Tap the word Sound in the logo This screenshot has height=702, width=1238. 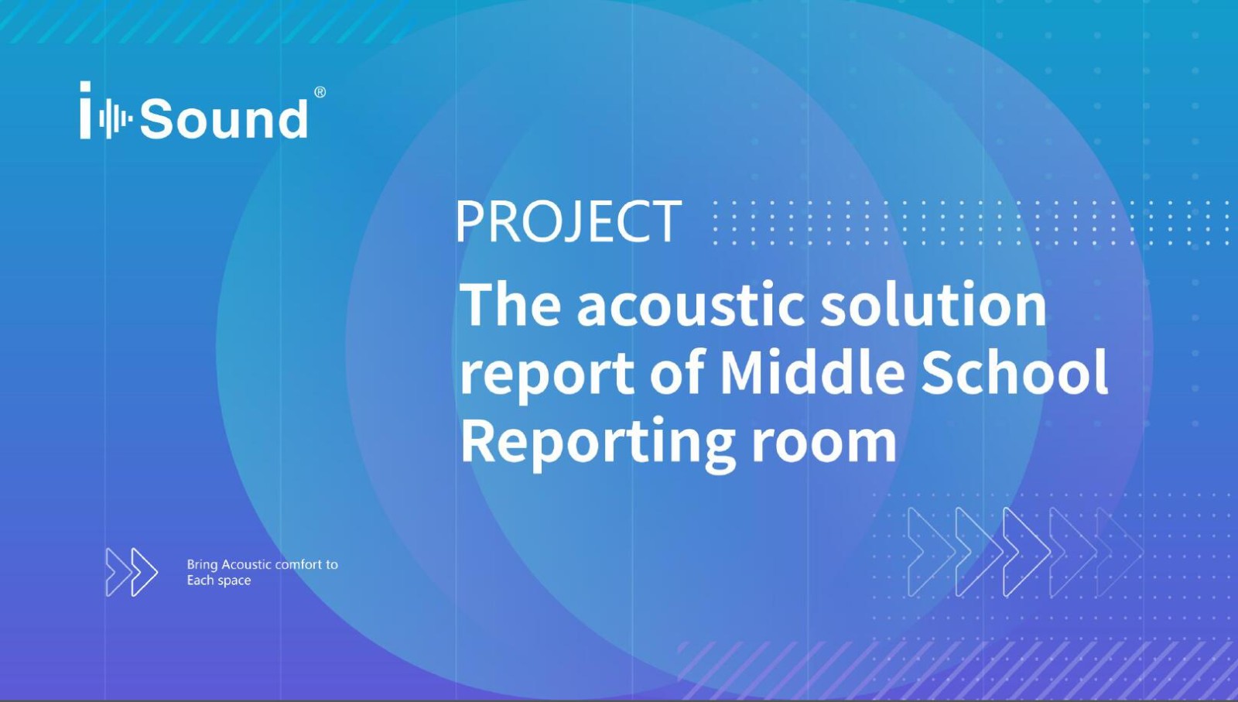224,118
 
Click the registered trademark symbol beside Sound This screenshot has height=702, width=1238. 320,92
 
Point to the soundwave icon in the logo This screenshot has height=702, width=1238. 115,118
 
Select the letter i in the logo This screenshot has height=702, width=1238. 85,110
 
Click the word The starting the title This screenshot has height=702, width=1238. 510,304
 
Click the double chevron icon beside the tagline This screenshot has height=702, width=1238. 132,572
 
